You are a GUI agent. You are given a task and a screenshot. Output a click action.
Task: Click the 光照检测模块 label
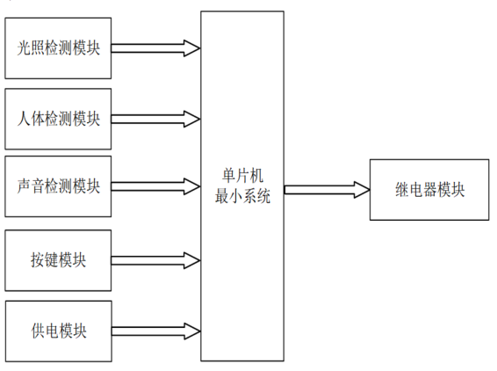[58, 48]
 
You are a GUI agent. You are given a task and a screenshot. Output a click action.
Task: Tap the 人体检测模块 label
[58, 119]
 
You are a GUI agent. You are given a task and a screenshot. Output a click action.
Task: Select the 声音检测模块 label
[58, 186]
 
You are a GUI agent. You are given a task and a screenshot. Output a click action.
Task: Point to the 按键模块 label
[58, 260]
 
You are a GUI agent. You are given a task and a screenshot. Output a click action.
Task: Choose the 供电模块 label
[59, 331]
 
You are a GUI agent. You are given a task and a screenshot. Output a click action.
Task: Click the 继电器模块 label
[429, 190]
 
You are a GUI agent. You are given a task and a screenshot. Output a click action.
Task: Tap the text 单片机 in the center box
[242, 176]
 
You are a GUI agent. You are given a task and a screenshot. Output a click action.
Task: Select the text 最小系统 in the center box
[242, 196]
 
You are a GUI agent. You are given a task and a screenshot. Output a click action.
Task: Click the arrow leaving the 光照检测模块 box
[155, 48]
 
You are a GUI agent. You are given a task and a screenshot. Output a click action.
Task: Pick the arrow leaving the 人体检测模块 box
[155, 119]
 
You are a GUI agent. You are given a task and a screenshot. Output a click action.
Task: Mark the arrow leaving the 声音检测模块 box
[155, 186]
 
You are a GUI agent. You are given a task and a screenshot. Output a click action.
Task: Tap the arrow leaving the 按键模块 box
[155, 260]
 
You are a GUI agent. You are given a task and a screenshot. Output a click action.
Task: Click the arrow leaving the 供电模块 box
[156, 331]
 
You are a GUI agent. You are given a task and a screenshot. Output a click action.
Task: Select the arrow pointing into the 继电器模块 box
[328, 190]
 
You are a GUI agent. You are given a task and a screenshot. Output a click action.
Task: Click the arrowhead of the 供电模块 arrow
[192, 331]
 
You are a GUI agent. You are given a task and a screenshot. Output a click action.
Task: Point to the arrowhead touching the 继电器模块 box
[362, 190]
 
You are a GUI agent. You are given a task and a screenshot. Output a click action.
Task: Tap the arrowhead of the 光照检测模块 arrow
[192, 48]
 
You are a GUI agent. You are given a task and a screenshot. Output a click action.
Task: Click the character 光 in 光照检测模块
[24, 48]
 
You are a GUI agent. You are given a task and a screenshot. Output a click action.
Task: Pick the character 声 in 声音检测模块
[24, 186]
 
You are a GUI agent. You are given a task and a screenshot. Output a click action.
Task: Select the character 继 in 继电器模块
[402, 190]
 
